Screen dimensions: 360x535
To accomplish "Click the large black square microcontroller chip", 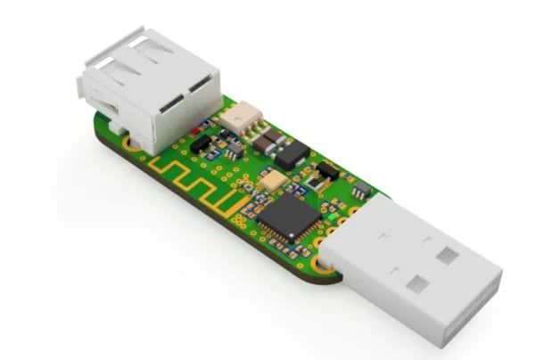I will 291,217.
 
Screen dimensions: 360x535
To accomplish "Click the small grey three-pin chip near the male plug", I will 360,191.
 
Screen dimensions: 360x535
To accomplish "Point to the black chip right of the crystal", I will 327,169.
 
